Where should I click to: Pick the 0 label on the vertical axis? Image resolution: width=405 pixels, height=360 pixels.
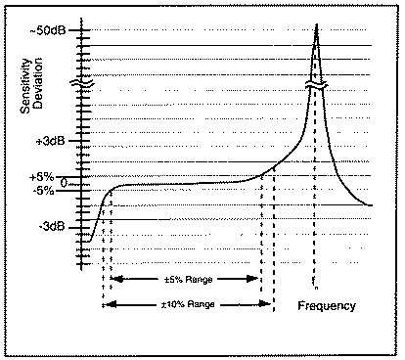[x=65, y=182]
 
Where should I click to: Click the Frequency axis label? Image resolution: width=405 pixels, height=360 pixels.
[x=327, y=306]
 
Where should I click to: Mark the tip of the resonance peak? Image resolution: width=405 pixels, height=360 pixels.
[x=316, y=21]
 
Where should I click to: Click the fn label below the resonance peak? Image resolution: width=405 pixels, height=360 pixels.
[x=316, y=286]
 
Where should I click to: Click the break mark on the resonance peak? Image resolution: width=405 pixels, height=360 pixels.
[x=316, y=90]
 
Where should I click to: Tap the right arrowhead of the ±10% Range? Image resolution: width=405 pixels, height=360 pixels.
[x=270, y=305]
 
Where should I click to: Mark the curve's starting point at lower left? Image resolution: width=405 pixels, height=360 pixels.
[x=91, y=241]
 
